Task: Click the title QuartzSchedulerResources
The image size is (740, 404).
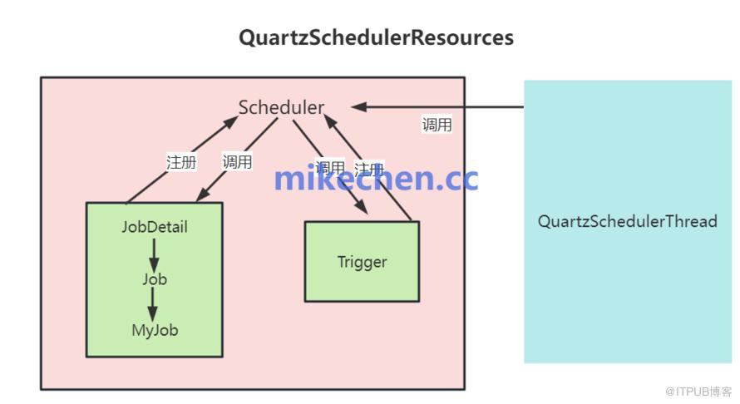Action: [376, 37]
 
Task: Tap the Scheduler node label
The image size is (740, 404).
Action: [281, 107]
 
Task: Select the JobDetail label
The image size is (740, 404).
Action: [155, 227]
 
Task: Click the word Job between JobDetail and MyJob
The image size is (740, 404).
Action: [155, 279]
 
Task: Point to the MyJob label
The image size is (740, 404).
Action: [155, 330]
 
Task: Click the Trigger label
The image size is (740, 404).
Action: [362, 262]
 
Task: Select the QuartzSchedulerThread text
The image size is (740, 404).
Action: [627, 221]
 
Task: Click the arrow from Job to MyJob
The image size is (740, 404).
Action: [154, 304]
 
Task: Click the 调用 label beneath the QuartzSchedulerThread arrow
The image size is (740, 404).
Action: [437, 126]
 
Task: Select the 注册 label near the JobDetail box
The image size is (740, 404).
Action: [181, 162]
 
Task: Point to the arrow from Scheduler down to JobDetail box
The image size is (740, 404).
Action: [237, 160]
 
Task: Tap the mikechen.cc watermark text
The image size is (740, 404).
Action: [376, 177]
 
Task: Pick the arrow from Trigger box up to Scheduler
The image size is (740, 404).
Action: [370, 170]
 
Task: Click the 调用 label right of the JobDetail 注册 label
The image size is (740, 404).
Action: [238, 162]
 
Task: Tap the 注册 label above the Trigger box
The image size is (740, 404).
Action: [368, 169]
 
